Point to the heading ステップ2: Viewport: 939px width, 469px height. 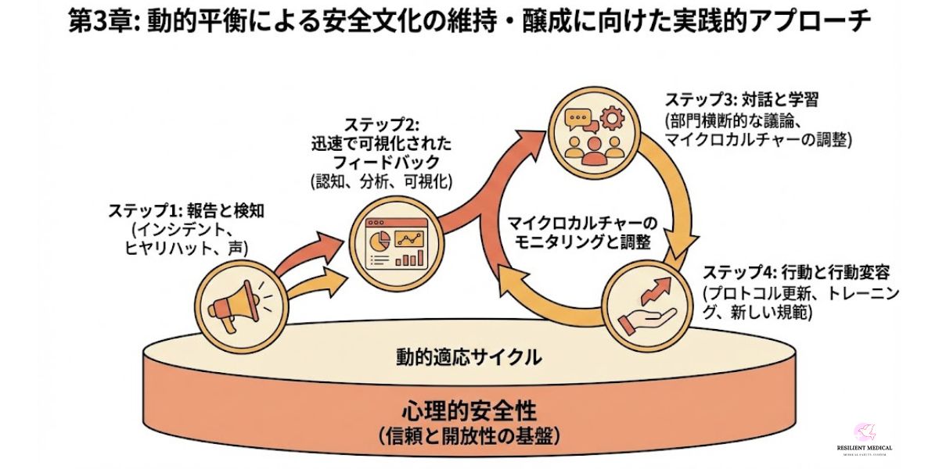(382, 126)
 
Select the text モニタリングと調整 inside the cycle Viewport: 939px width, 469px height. (583, 242)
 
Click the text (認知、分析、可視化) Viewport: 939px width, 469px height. (382, 182)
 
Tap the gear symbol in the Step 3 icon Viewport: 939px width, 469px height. (612, 118)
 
